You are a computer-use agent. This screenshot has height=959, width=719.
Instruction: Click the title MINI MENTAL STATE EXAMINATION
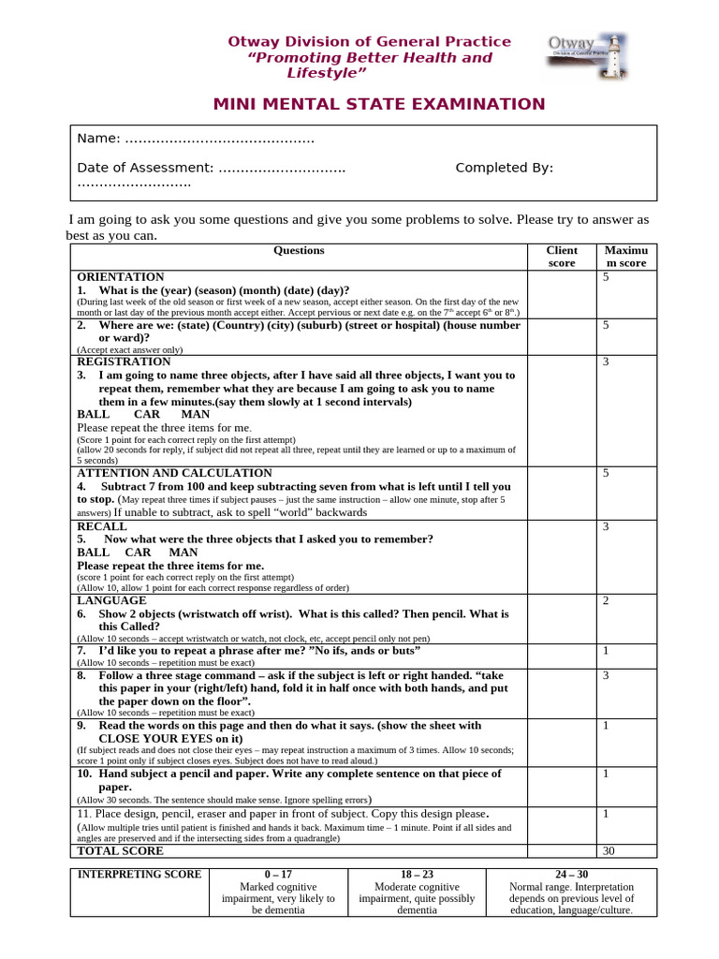[378, 104]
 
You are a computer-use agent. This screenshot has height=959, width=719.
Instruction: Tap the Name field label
[98, 139]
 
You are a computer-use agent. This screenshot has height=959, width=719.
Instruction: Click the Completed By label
[504, 168]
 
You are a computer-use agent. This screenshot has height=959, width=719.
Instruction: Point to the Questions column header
[299, 251]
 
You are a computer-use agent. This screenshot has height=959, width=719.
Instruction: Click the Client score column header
[562, 257]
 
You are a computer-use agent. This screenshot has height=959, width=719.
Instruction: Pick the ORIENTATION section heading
[120, 277]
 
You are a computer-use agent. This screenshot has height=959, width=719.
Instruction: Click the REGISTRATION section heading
[124, 361]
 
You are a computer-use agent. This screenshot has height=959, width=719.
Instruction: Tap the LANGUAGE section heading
[111, 600]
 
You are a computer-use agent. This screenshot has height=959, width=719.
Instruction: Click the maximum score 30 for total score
[607, 851]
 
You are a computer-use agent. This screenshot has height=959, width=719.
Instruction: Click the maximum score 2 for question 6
[607, 601]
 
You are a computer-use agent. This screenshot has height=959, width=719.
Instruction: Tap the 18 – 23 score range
[417, 875]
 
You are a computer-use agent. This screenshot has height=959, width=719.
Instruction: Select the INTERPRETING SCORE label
[139, 875]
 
